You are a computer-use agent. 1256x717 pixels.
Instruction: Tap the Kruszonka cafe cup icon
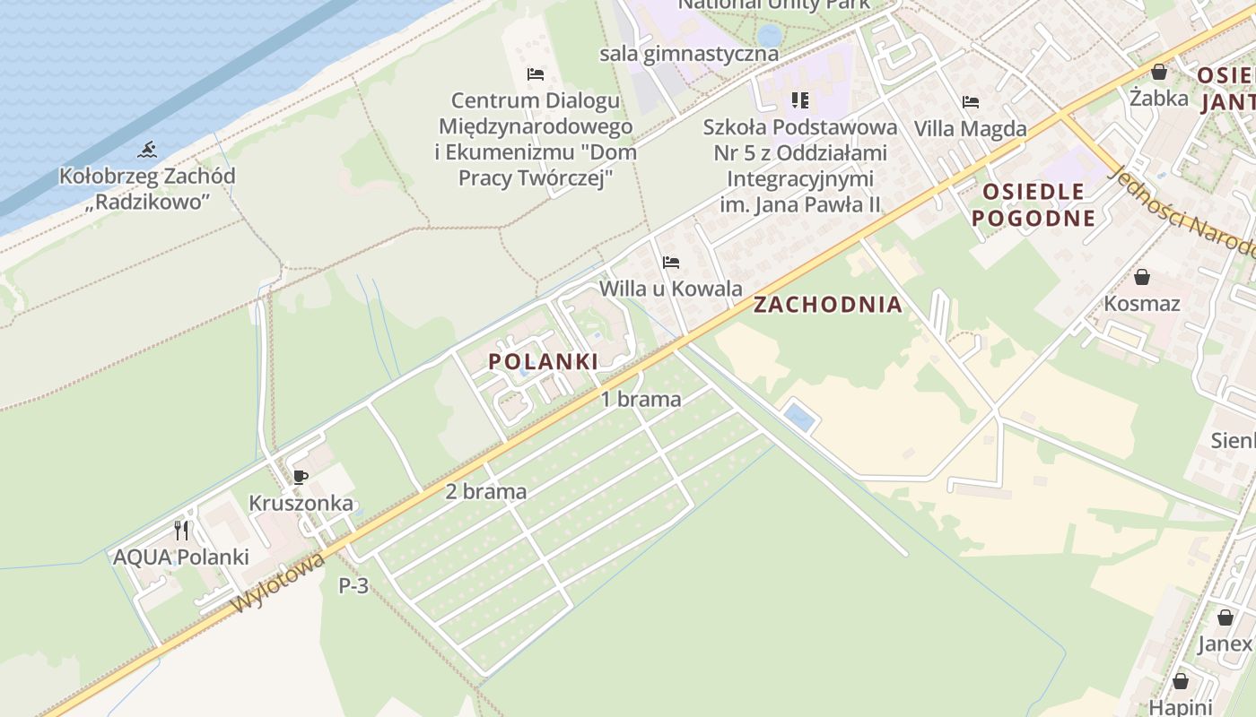coord(301,477)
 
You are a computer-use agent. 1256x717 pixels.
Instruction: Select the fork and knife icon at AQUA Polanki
coord(181,531)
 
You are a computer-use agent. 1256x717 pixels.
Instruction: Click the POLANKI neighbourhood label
coord(543,362)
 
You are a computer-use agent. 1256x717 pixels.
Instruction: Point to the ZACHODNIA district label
coord(827,305)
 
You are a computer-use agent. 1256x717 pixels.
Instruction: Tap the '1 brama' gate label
coord(641,400)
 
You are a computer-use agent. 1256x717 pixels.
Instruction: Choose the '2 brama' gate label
coord(485,492)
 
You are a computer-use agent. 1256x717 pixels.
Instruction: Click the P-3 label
coord(353,586)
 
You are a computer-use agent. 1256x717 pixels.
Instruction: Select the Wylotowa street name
coord(277,583)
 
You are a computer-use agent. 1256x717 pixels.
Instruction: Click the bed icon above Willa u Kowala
coord(670,263)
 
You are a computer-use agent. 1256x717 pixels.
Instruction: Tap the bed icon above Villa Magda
coord(970,102)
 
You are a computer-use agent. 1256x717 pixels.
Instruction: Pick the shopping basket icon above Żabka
coord(1159,72)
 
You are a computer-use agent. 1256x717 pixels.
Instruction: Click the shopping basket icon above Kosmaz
coord(1142,277)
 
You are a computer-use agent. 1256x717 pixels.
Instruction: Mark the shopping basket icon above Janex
coord(1225,618)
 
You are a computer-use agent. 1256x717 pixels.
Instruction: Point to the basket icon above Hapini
coord(1180,681)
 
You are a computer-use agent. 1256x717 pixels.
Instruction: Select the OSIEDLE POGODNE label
coord(1034,204)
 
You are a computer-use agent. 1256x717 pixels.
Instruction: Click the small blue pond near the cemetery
coord(799,417)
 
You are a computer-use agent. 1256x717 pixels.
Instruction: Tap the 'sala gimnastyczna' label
coord(689,54)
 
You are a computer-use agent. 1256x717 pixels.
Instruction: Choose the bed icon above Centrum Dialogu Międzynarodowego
coord(536,73)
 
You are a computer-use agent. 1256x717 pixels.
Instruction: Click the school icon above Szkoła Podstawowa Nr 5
coord(799,99)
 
